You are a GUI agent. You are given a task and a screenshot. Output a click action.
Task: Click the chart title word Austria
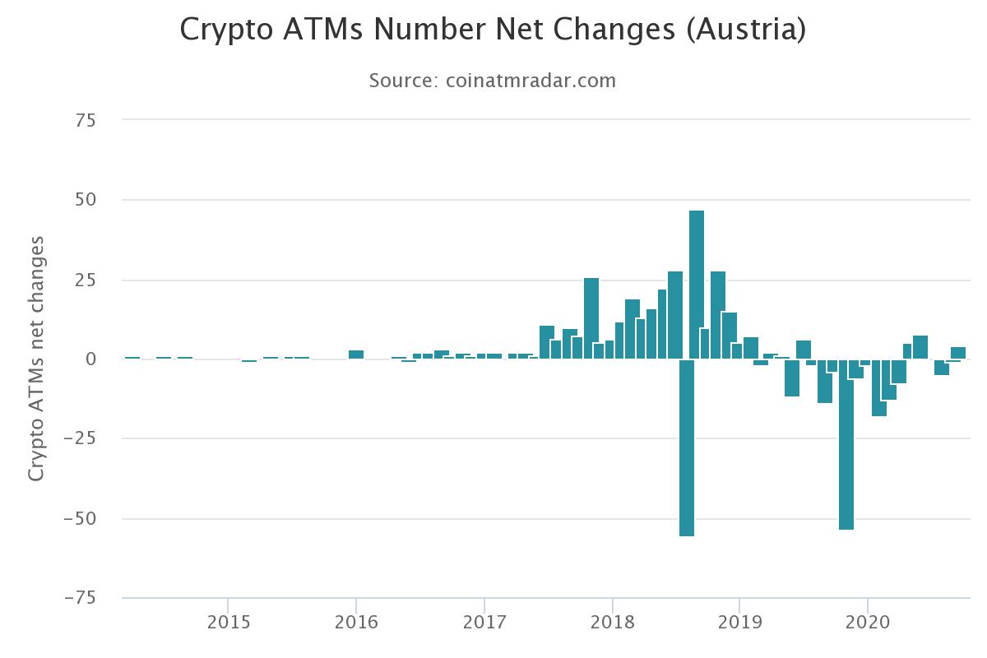pos(745,30)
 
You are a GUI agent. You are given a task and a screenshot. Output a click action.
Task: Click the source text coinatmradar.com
pos(531,81)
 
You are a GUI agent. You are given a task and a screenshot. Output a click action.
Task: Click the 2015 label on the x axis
pos(228,623)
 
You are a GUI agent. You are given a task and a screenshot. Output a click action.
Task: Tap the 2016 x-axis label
pos(356,623)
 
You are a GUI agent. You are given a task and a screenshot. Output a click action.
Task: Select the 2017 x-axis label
pos(484,623)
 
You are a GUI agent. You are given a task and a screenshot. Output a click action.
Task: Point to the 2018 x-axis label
pos(612,623)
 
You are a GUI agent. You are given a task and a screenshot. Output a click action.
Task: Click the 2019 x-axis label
pos(740,623)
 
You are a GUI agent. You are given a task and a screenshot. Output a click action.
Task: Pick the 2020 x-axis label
pos(869,623)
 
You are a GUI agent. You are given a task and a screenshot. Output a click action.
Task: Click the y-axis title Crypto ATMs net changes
pos(36,359)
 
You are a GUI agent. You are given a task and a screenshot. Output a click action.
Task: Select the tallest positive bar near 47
pos(697,284)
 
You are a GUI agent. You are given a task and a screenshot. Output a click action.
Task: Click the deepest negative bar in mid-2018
pos(687,448)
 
